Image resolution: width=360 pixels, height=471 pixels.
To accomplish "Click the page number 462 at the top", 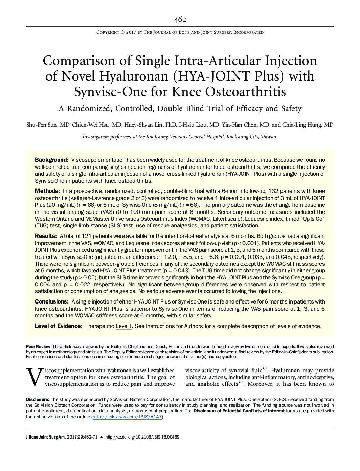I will [x=180, y=20].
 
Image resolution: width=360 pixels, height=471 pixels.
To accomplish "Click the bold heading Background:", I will [x=52, y=160].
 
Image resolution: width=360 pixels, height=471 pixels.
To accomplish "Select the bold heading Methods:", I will [x=47, y=191].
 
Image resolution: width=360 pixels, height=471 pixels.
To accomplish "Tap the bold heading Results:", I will [x=46, y=236].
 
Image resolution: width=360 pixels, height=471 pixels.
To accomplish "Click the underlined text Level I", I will [x=123, y=326].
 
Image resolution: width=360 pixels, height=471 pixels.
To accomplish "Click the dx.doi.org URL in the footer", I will [x=142, y=437].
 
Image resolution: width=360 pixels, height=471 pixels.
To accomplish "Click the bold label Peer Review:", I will [x=39, y=347].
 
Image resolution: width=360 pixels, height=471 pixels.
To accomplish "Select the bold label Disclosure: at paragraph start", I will [x=38, y=399].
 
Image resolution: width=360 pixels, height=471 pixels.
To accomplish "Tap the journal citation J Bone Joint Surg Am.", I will [x=50, y=437].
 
